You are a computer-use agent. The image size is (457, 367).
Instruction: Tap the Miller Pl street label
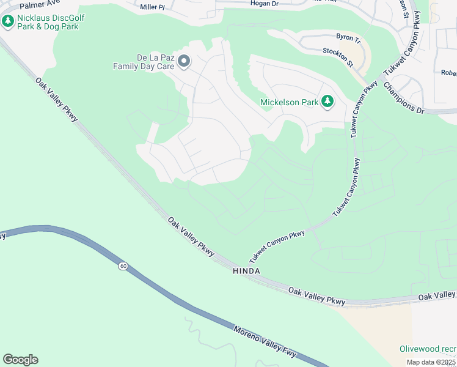point(153,7)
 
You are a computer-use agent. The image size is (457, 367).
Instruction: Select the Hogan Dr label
point(265,4)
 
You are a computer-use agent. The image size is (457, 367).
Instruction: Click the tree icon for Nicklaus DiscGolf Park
point(8,22)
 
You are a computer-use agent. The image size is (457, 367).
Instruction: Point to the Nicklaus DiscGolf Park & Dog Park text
point(51,22)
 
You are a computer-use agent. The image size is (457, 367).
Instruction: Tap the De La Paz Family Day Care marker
point(184,61)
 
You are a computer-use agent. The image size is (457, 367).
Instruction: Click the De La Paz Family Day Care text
point(144,62)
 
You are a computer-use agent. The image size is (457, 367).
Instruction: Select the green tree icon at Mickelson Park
point(327,102)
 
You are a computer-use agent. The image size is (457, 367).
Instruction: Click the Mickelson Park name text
point(290,102)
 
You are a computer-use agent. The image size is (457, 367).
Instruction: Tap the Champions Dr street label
point(403,97)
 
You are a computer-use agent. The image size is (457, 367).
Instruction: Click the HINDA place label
point(246,271)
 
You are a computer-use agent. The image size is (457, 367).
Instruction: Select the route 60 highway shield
point(123,266)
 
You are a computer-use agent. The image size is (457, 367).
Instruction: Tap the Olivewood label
point(428,349)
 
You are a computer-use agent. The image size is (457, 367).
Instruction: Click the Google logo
point(20,359)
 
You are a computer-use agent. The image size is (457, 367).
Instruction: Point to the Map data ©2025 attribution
point(431,362)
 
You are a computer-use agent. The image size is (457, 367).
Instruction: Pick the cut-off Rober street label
point(448,72)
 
